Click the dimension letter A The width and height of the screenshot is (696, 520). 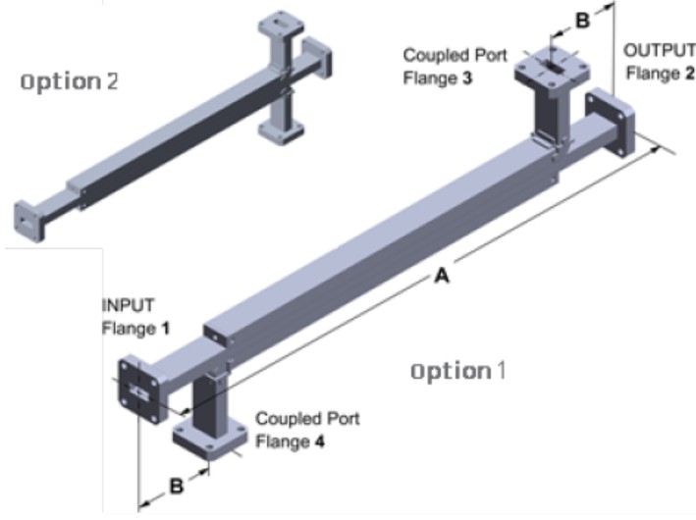(x=442, y=278)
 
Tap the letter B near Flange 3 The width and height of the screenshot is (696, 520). (x=581, y=18)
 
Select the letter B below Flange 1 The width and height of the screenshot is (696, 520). (x=175, y=486)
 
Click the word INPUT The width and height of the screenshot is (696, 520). (x=128, y=305)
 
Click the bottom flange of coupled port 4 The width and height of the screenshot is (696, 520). (x=212, y=437)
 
